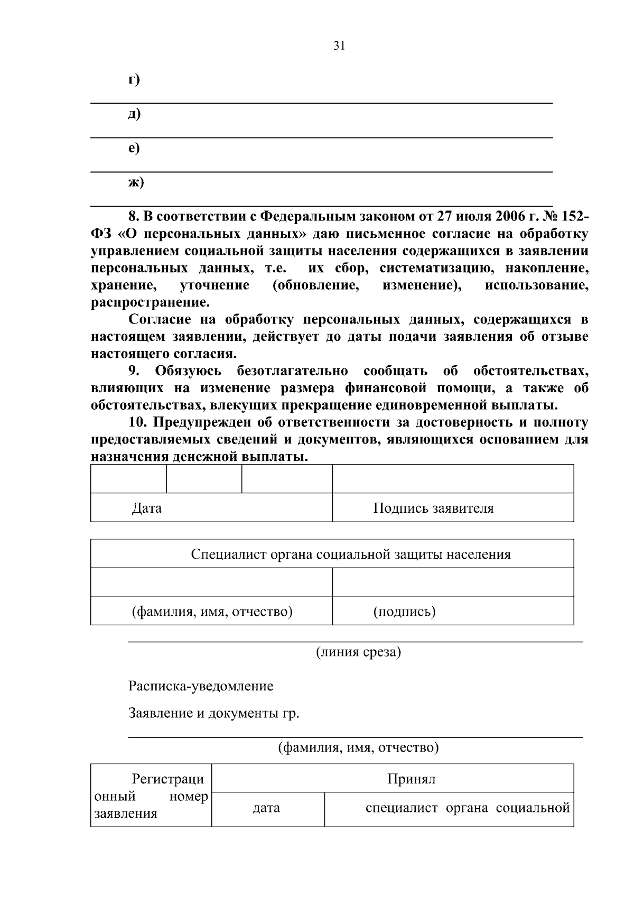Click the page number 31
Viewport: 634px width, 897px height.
coord(339,46)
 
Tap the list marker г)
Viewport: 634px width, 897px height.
coord(134,79)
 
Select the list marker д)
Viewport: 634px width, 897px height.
coord(134,114)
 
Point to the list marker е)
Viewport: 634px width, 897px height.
coord(134,148)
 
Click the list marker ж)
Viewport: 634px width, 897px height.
coord(136,182)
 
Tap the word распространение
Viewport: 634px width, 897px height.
coord(150,303)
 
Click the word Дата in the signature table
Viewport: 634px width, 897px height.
coord(146,508)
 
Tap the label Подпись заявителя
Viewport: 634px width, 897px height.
coord(433,508)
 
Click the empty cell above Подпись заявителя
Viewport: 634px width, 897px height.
coord(453,479)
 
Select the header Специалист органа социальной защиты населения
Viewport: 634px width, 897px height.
coord(351,554)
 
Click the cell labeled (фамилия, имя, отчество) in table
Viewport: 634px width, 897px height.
coord(212,612)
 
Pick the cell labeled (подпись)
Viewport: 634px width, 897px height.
coord(404,612)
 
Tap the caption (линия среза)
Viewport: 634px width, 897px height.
coord(358,652)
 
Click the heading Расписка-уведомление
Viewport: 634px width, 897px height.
coord(201,687)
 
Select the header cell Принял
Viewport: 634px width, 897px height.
coord(411,779)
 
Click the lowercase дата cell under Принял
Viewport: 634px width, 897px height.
coord(266,808)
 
